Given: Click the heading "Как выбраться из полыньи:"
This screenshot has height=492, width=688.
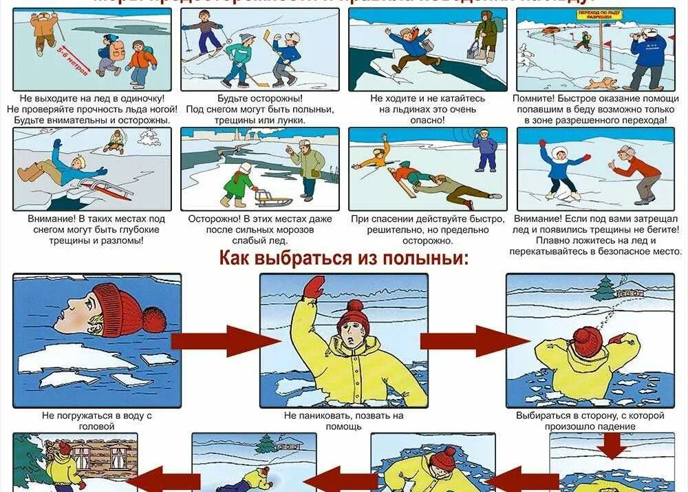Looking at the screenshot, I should [x=343, y=258].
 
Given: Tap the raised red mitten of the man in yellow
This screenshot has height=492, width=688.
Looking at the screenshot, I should [x=314, y=287].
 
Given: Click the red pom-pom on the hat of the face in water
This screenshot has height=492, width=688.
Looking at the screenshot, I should [x=155, y=319].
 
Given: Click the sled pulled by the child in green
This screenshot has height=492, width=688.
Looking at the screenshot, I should [x=274, y=198].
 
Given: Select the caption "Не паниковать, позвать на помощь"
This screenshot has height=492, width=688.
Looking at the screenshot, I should [x=343, y=421].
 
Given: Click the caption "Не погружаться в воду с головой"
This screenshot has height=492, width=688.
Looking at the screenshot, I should [x=97, y=421].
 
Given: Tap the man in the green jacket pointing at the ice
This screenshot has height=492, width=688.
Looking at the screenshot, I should [x=307, y=167].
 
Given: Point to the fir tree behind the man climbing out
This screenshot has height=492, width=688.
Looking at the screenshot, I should [x=603, y=287].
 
